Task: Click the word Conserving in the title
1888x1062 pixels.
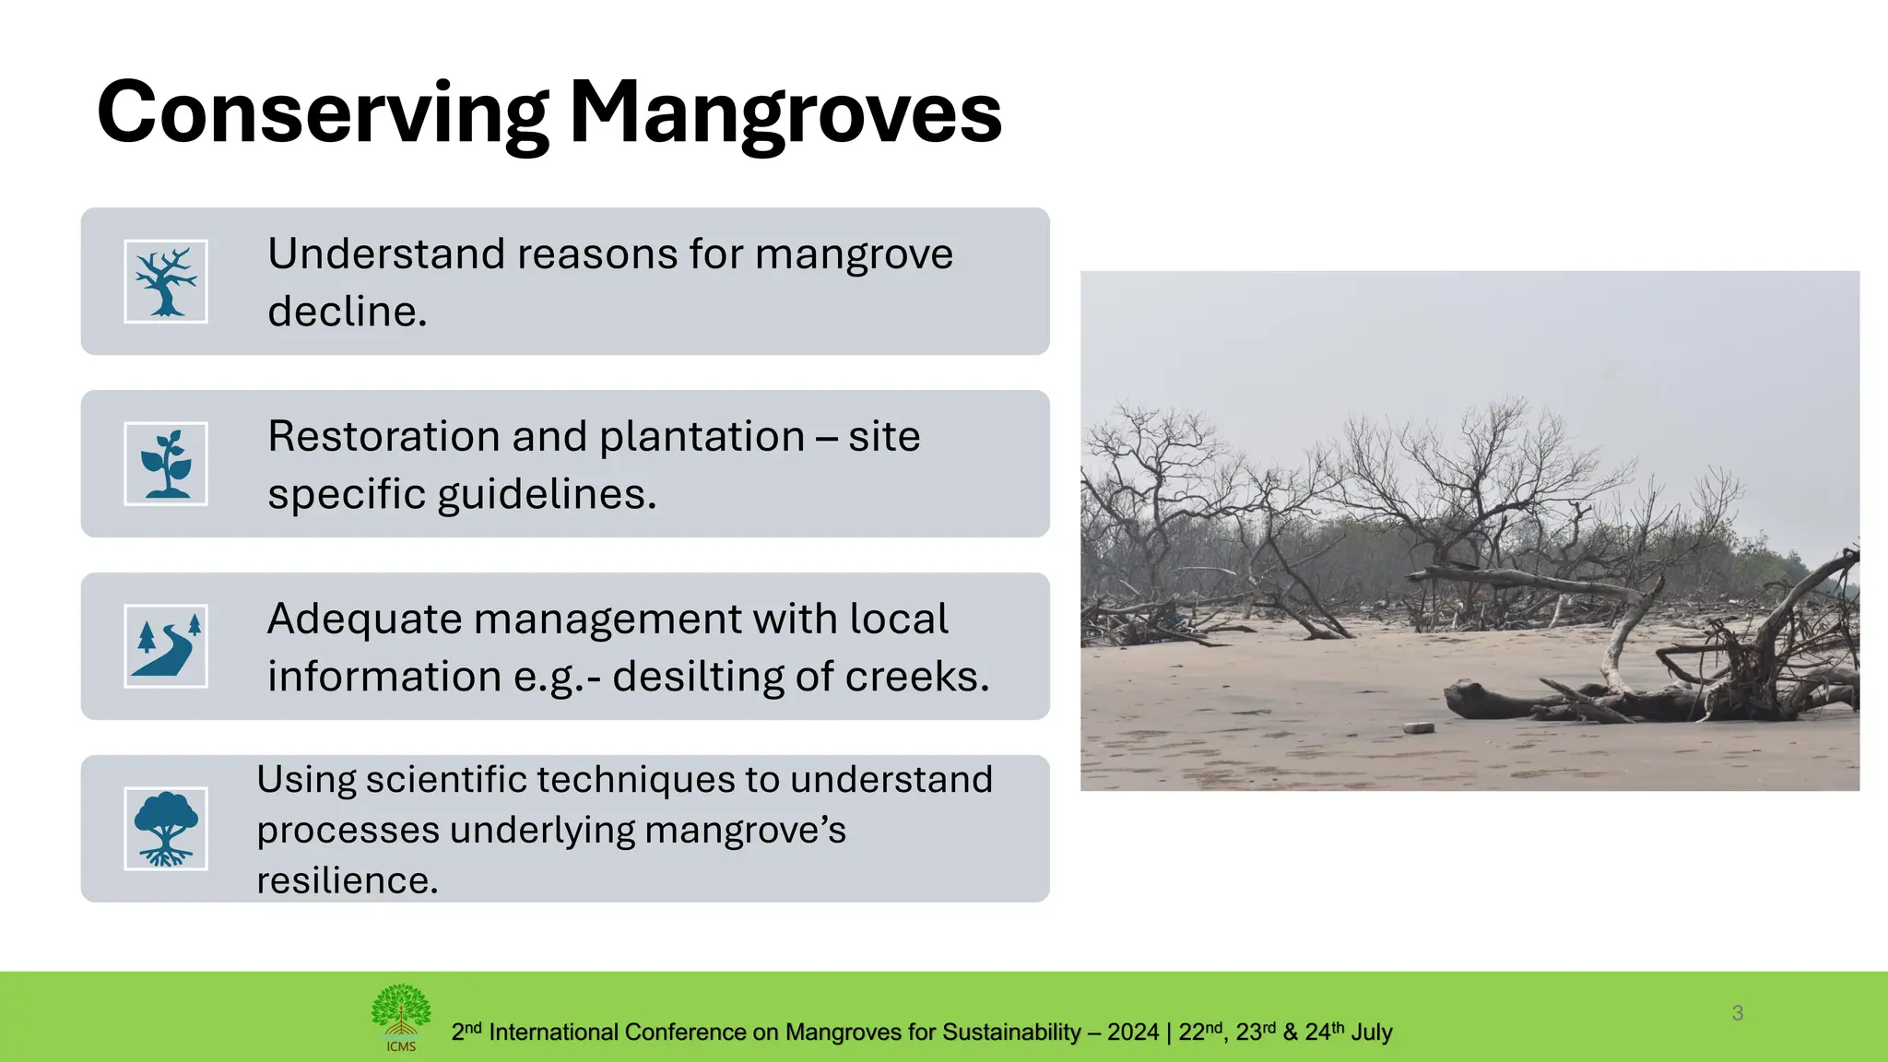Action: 323,112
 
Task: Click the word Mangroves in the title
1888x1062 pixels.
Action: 785,112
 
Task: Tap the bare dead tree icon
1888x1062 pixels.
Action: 166,281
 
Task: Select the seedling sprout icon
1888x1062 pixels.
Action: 166,464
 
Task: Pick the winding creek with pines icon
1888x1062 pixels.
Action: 166,646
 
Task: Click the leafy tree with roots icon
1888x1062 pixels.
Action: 166,829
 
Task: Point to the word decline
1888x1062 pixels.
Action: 347,312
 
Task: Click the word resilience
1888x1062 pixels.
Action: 347,880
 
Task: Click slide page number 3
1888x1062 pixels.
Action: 1737,1013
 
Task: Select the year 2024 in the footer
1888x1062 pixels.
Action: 1132,1032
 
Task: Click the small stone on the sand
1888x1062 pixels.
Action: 1419,727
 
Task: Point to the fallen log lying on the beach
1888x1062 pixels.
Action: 1512,701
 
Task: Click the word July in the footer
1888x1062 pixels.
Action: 1371,1032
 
